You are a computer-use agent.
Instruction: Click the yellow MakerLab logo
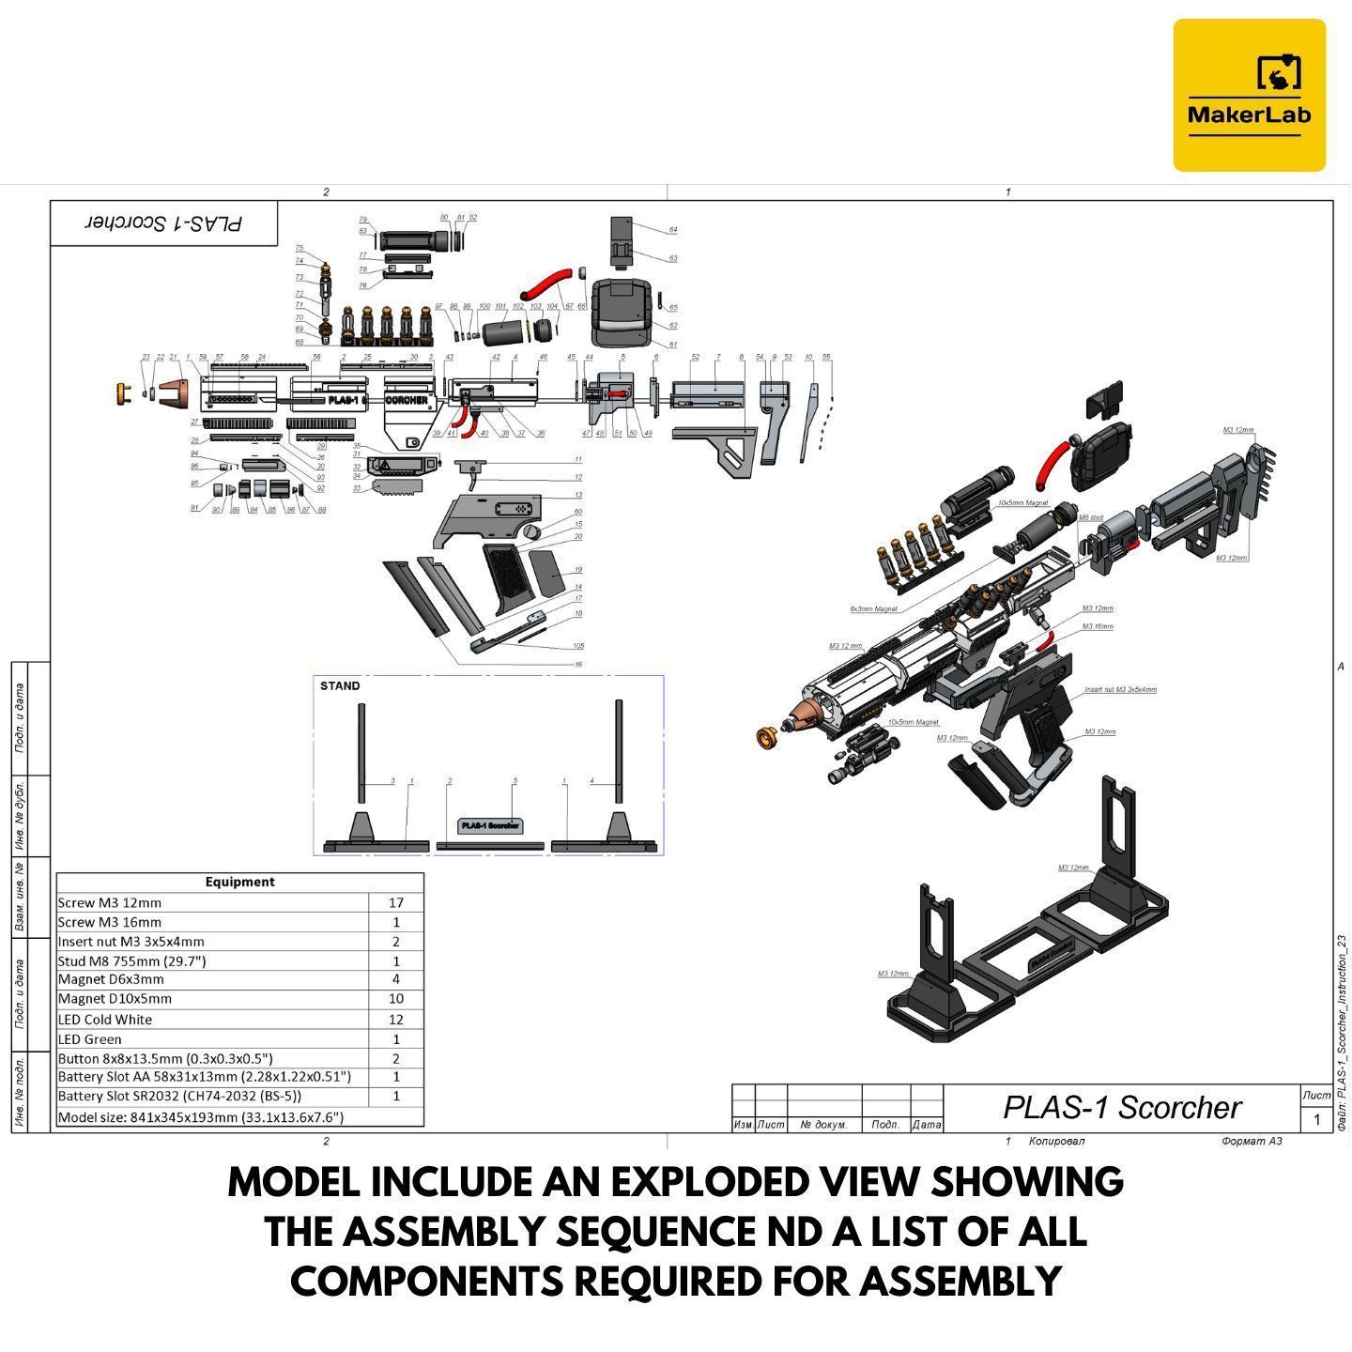(1249, 95)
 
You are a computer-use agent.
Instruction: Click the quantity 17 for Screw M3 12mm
(395, 902)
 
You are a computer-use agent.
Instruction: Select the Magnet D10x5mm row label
(115, 999)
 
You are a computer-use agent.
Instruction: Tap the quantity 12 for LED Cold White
(395, 1020)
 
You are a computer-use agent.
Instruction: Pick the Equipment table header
(239, 882)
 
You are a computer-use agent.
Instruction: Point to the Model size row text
(200, 1117)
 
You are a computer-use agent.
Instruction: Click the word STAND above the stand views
(340, 686)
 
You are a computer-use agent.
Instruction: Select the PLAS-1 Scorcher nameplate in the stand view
(489, 826)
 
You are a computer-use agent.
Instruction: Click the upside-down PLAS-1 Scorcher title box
(164, 223)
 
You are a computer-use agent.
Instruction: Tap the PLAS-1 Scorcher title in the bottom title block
(1122, 1108)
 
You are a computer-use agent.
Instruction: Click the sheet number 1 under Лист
(1316, 1119)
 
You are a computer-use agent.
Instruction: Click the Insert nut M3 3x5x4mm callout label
(1120, 690)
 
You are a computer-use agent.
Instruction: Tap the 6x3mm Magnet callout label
(873, 609)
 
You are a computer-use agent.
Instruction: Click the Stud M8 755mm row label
(131, 960)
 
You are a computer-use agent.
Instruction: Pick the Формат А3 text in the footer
(1252, 1142)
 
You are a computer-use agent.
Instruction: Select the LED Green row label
(90, 1039)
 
